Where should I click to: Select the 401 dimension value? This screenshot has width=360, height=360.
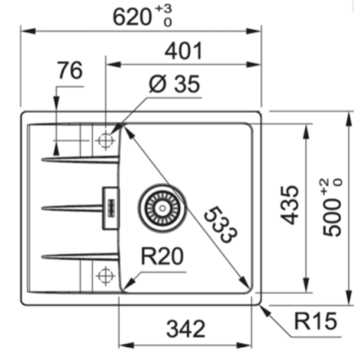click(184, 51)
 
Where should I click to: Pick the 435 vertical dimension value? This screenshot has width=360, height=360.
click(288, 206)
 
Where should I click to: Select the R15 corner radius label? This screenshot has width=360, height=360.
click(315, 320)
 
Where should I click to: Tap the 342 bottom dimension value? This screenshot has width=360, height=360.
click(190, 328)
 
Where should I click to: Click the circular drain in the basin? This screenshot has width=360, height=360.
click(161, 206)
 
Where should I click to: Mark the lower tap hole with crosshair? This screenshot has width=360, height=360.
click(106, 274)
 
